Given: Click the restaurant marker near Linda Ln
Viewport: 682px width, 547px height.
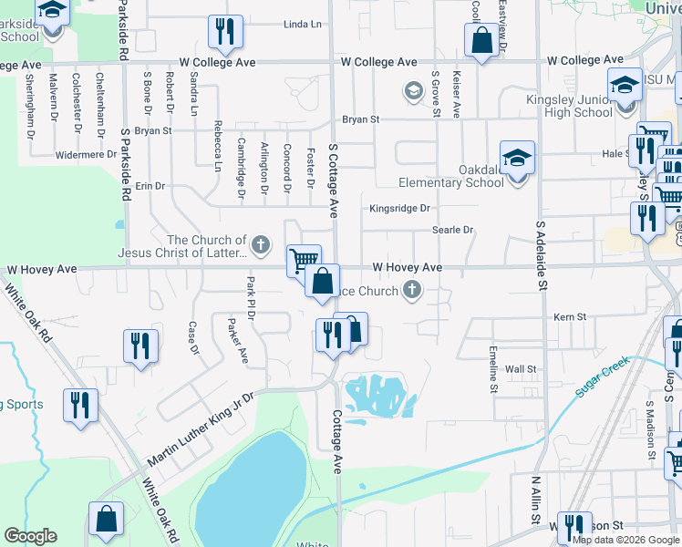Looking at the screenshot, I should (224, 32).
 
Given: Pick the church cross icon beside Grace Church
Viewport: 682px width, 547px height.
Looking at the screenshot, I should (412, 291).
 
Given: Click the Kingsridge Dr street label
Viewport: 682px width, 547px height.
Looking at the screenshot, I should (399, 209).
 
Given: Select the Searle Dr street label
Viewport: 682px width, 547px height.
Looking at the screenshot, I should (453, 231).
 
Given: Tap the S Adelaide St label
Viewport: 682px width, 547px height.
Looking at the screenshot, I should (541, 254).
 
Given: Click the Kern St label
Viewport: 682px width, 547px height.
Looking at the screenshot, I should (570, 317).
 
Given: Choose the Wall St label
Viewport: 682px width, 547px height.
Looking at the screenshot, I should (521, 369).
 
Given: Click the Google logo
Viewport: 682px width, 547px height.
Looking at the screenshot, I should (30, 536).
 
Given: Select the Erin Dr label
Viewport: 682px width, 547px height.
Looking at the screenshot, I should (150, 185).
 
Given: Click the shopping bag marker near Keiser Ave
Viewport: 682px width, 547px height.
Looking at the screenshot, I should (480, 40).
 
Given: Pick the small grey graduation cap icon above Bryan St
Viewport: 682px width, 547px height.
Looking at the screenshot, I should (413, 91).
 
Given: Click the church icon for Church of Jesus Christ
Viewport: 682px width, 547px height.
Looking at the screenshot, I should (261, 244).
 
